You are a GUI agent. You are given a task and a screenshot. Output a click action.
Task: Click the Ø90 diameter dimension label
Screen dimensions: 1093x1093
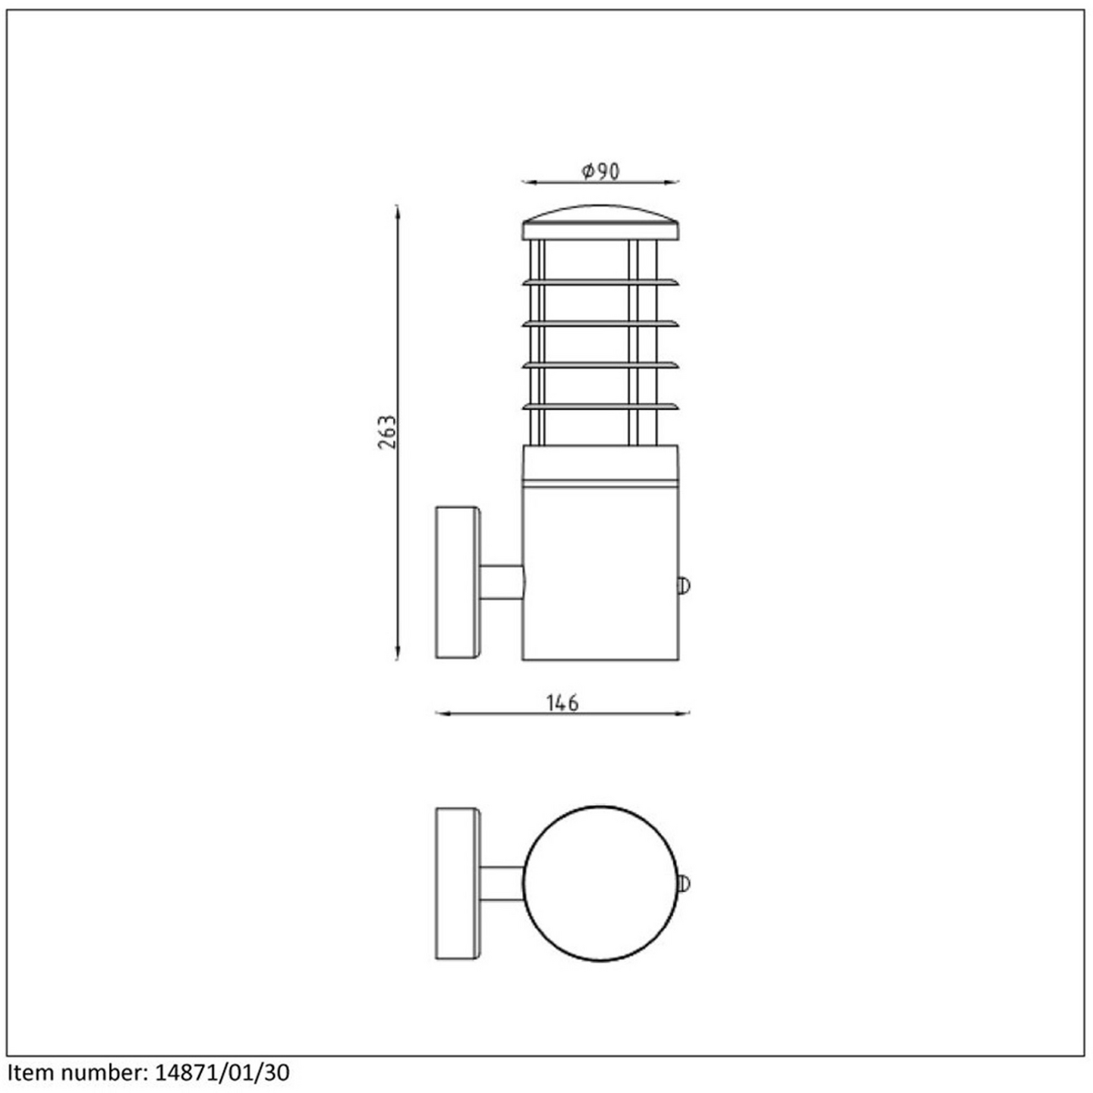pos(600,172)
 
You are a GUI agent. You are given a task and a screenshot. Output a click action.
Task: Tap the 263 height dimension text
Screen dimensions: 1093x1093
pos(388,432)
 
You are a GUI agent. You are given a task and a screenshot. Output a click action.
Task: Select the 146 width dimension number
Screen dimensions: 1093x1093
pos(562,704)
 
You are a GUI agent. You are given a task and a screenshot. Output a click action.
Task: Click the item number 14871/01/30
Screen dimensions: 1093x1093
pos(222,1073)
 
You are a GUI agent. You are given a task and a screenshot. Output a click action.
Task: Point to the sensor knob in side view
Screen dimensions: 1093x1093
pos(684,585)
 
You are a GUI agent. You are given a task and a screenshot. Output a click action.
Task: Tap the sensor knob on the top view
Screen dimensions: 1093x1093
pos(684,884)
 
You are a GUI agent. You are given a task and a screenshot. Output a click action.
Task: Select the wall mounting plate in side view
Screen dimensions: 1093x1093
pos(458,582)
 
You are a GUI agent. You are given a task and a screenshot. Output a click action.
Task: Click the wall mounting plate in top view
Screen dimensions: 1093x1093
pos(458,884)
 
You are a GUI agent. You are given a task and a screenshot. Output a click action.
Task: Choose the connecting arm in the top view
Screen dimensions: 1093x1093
pos(501,884)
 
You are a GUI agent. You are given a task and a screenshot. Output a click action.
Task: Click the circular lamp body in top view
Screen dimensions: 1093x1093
pos(600,884)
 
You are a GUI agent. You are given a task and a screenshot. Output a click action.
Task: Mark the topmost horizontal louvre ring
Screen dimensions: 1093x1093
pos(600,282)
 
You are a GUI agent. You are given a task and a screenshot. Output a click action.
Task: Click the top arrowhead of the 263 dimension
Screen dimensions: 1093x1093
pos(397,210)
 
